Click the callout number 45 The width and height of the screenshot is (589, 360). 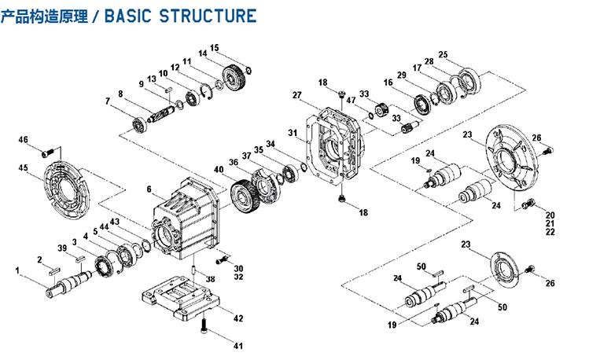pos(24,167)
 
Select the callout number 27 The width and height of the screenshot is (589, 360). pos(297,96)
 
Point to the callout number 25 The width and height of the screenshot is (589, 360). pos(443,54)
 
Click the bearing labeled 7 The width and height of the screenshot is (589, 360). pos(138,123)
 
